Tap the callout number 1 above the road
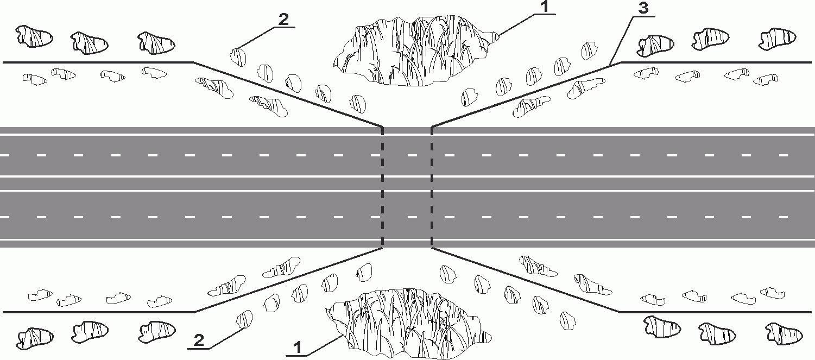(x=545, y=8)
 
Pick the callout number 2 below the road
(x=199, y=340)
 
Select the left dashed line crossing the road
(x=383, y=187)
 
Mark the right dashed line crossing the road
(x=432, y=187)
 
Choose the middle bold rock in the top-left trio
(x=90, y=42)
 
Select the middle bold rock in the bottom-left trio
(x=91, y=330)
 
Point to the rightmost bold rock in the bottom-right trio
(x=784, y=333)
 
